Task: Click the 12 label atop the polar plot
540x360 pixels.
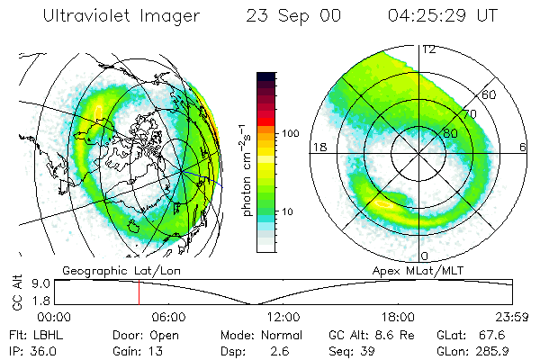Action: (x=428, y=50)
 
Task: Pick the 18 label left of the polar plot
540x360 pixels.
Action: (x=319, y=148)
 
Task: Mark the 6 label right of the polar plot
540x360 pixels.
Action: (x=523, y=148)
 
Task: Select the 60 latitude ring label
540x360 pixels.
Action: (x=490, y=94)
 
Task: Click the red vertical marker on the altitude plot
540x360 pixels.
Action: (x=139, y=292)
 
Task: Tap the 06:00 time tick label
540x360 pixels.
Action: (x=168, y=317)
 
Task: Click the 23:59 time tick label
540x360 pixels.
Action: (x=510, y=317)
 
